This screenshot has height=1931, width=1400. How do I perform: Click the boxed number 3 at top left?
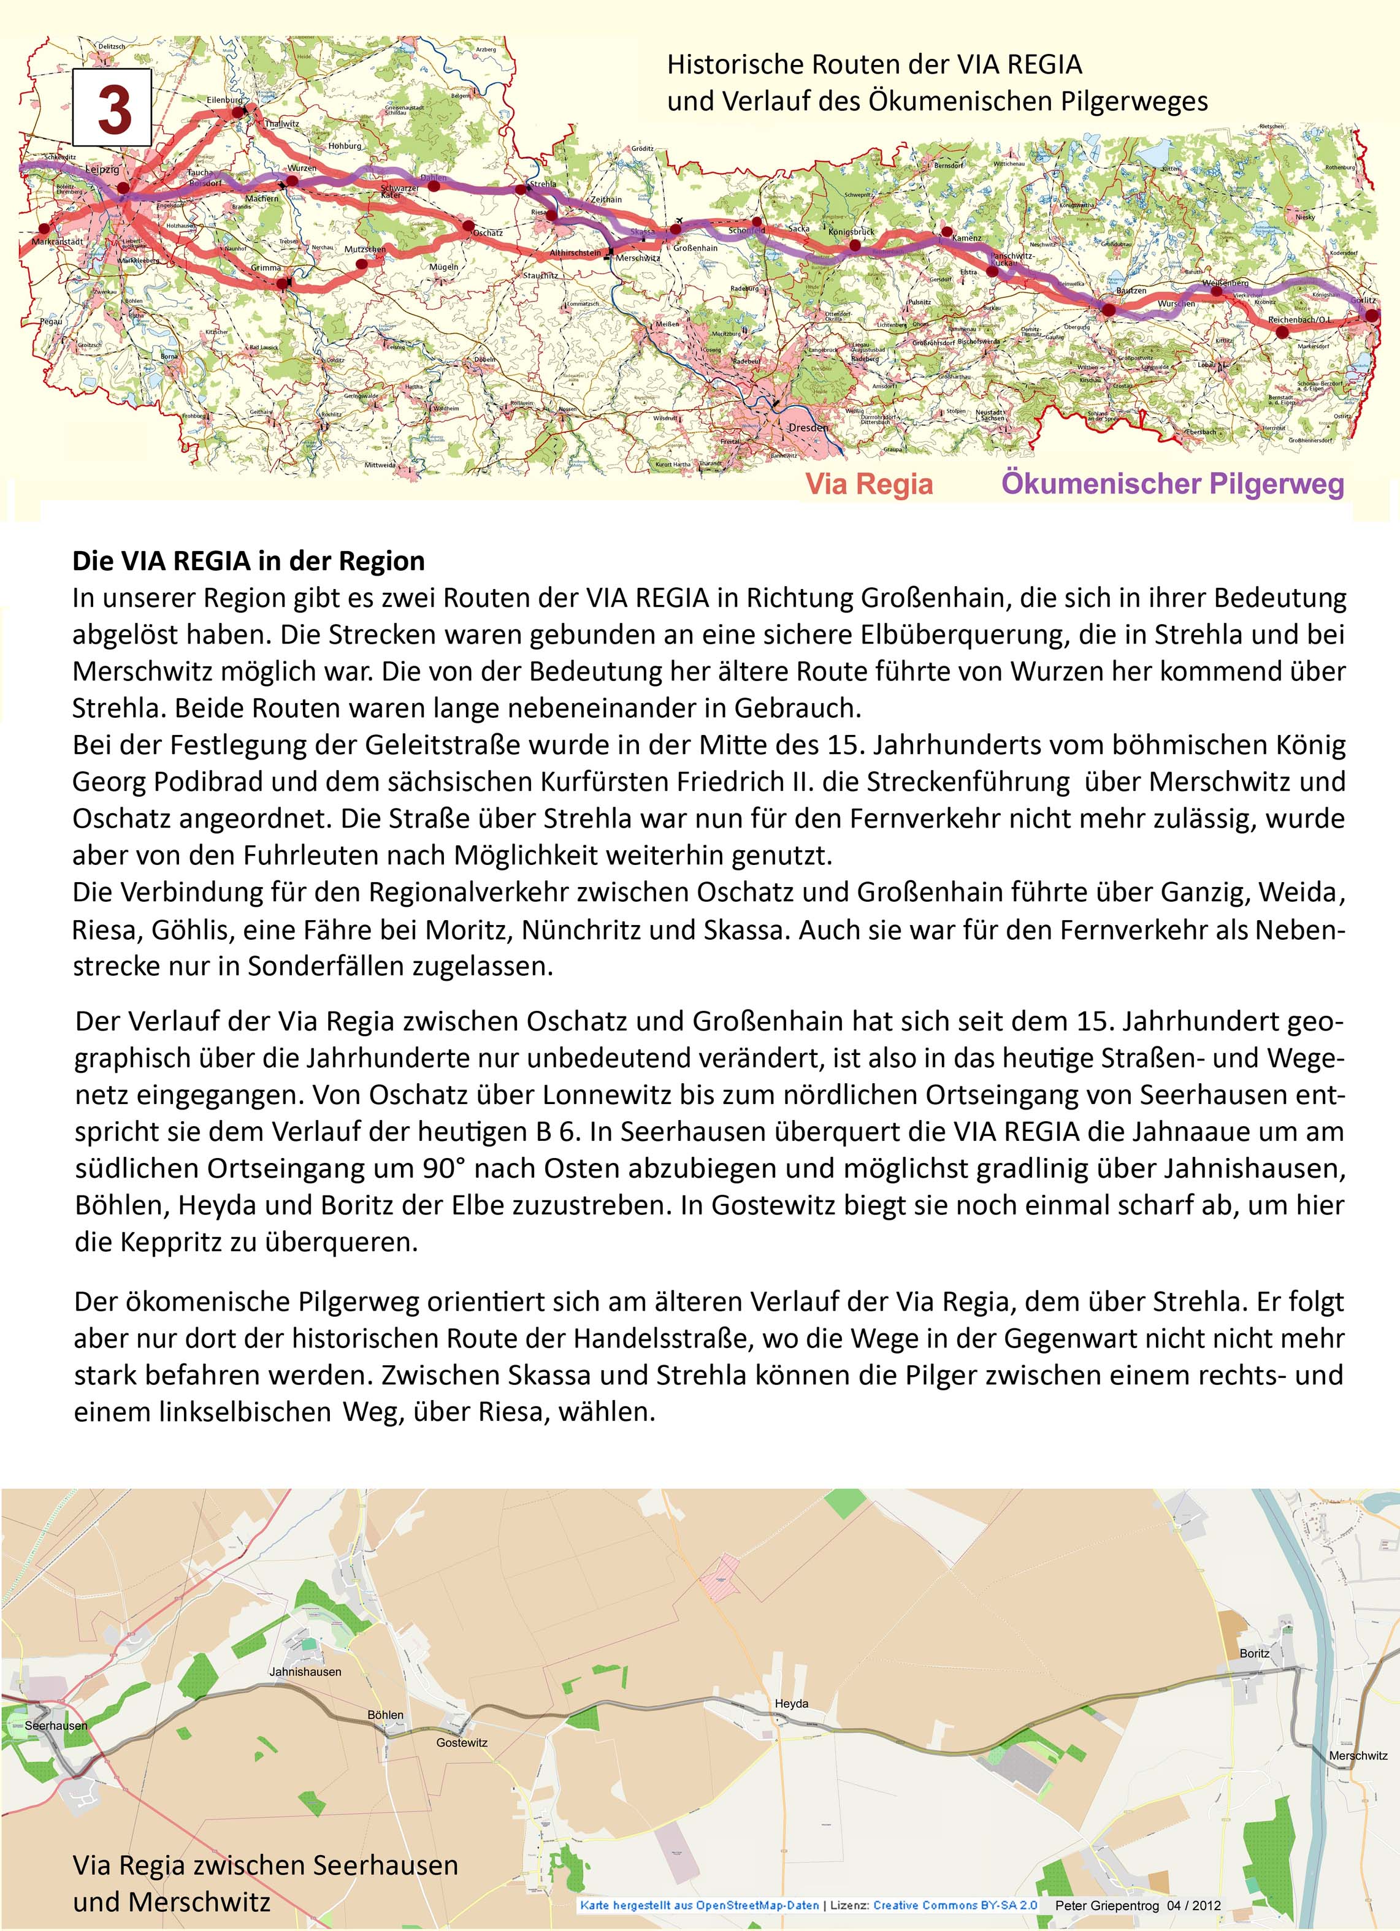click(112, 107)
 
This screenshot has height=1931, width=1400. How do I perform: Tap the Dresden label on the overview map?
click(807, 427)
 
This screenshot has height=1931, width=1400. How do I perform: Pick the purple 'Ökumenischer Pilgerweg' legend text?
click(1172, 484)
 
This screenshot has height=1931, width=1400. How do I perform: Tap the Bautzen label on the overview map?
click(1130, 291)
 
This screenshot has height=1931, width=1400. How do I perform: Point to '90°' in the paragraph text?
click(444, 1168)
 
